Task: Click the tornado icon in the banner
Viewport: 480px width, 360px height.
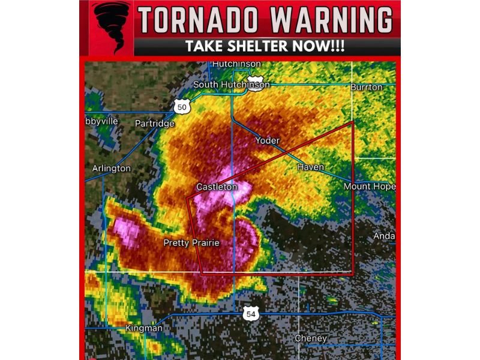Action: click(x=112, y=27)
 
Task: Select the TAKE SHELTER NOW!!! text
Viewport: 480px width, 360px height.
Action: click(x=265, y=47)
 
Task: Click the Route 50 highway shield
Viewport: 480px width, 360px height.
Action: click(x=182, y=107)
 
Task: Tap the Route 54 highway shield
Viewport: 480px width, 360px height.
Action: click(x=251, y=314)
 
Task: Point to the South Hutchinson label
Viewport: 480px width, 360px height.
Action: click(x=231, y=85)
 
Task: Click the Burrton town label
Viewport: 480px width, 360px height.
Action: click(x=367, y=87)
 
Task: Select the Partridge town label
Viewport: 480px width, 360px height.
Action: click(x=154, y=124)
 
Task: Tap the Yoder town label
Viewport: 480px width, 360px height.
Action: click(x=268, y=140)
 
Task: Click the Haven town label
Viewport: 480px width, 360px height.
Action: click(x=310, y=167)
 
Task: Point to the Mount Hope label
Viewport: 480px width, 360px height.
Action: click(x=370, y=187)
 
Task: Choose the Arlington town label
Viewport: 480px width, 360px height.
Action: click(x=111, y=169)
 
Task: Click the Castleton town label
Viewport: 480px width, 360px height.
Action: click(x=217, y=187)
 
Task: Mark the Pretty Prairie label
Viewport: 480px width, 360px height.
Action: click(x=191, y=243)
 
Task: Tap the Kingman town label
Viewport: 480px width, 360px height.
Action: click(x=143, y=328)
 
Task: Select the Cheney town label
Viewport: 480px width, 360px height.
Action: click(x=311, y=338)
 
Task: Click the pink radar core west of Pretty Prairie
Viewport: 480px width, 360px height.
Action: click(x=127, y=229)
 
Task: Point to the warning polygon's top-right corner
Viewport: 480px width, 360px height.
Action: click(x=353, y=122)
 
